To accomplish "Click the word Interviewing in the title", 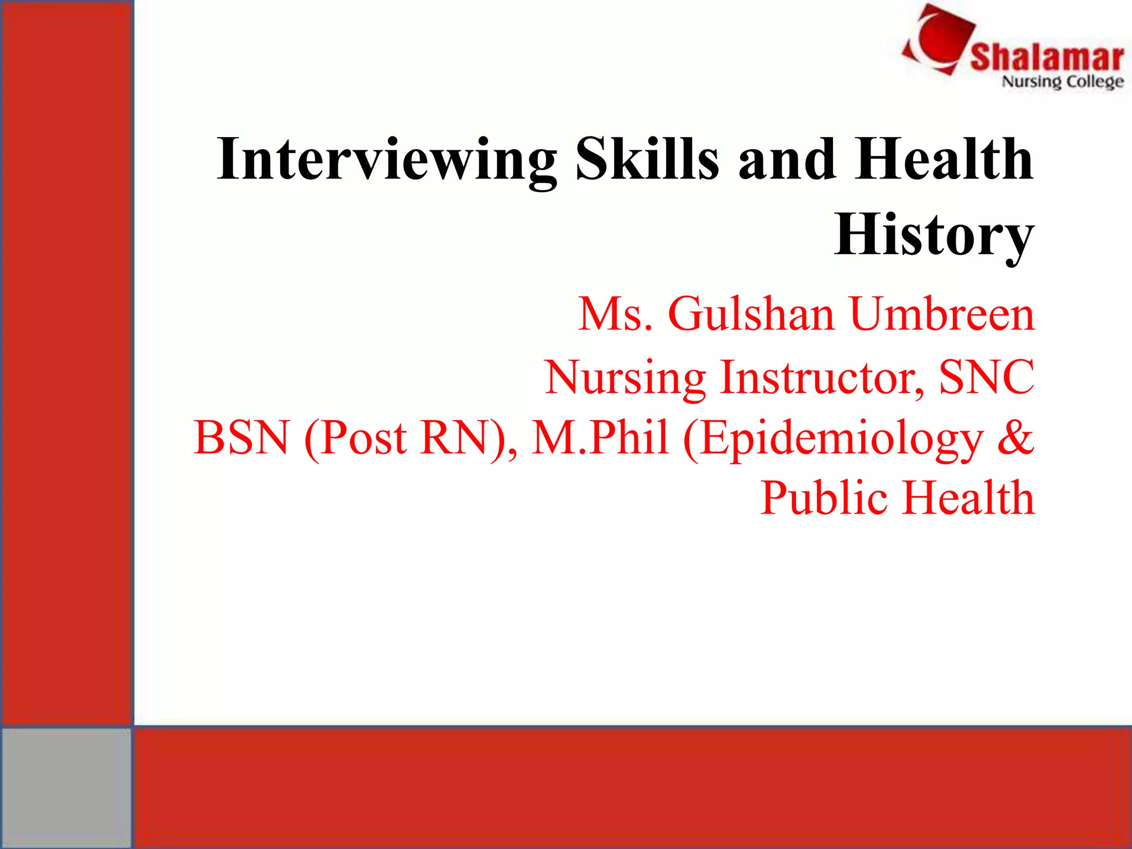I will [386, 160].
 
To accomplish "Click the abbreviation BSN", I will [242, 438].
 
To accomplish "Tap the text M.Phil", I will [600, 438].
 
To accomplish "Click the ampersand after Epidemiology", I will [1015, 438].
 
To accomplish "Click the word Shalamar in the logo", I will [1046, 57].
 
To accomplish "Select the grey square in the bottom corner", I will [66, 787].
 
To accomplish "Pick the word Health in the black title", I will [944, 160].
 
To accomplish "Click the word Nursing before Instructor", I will [625, 378].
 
